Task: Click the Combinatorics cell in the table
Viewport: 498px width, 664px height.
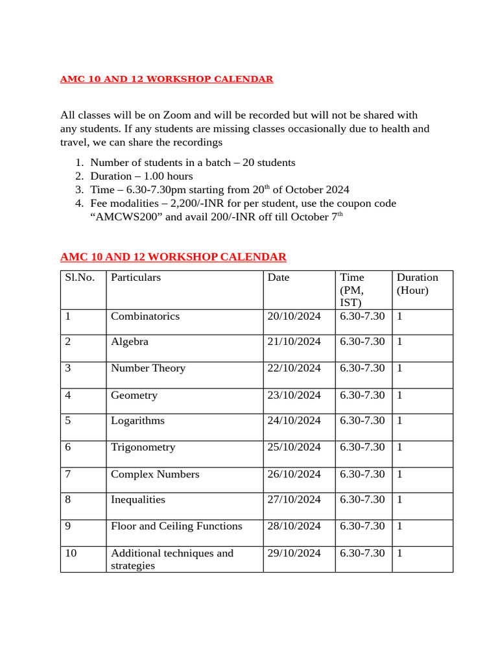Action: (x=145, y=316)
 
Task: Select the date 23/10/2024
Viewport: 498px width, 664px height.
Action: (x=294, y=395)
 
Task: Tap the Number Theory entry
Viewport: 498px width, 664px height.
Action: (x=148, y=368)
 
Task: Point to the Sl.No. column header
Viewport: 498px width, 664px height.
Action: (x=80, y=278)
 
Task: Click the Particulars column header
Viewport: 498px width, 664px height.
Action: (x=136, y=278)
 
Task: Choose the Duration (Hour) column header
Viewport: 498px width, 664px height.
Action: (x=417, y=284)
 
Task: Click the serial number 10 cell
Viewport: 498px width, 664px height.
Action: (x=71, y=553)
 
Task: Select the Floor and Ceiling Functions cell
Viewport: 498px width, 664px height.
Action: (x=176, y=526)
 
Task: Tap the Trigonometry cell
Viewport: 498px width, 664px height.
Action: (x=143, y=447)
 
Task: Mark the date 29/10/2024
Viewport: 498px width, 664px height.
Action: (x=294, y=553)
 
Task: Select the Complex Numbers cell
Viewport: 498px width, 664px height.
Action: (x=155, y=475)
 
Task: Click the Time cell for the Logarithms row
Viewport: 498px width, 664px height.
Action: (x=362, y=421)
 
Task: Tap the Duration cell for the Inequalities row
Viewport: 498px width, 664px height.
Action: (x=400, y=500)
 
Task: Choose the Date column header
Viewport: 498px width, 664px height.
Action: (x=278, y=278)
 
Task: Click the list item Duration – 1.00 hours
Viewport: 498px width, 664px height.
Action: (x=141, y=176)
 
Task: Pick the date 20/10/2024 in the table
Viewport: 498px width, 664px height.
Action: (x=294, y=316)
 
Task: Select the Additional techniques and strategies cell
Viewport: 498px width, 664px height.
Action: (x=172, y=559)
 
